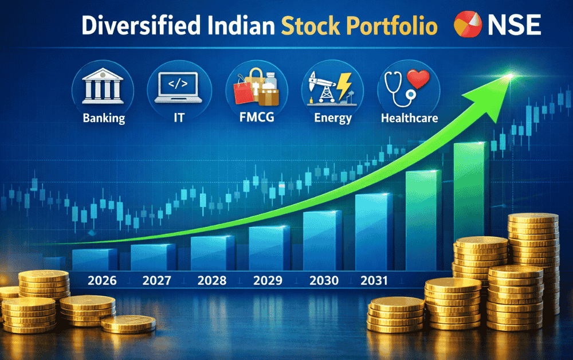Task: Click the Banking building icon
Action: point(103,88)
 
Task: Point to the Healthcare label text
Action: point(409,119)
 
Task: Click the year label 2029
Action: point(267,281)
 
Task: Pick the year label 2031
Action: point(374,281)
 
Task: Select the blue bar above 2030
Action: point(323,241)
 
